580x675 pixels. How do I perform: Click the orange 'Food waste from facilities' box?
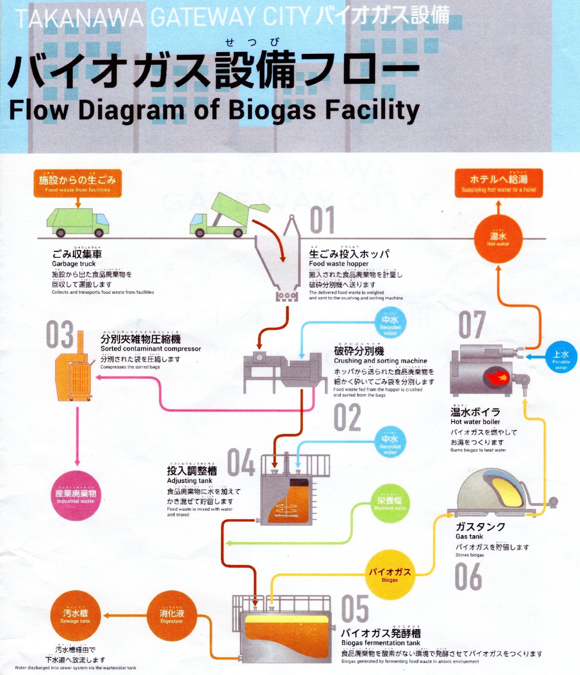(x=77, y=183)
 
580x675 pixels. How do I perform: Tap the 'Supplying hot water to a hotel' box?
(x=498, y=183)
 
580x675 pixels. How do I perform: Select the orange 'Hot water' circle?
(x=498, y=239)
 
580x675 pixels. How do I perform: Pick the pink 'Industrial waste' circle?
(x=76, y=495)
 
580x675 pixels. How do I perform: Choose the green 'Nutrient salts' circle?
(x=390, y=503)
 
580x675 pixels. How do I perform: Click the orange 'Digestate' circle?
(x=171, y=615)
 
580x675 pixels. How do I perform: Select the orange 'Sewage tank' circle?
(x=75, y=615)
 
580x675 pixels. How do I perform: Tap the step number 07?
(x=472, y=325)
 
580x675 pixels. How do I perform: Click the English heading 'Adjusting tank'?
(x=189, y=481)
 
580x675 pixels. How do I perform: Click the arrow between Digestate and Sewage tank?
(x=125, y=615)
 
